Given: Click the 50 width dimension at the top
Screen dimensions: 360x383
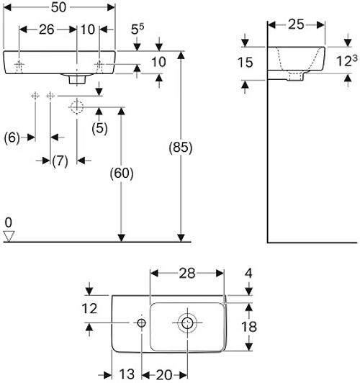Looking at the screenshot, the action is coord(58,7).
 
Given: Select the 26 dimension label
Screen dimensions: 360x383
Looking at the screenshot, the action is coord(46,30).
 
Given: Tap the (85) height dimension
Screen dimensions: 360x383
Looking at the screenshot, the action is coord(181,148).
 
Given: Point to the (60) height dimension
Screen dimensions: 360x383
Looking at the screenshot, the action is coord(122,174).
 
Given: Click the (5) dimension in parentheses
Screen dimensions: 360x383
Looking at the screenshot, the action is coord(99,128).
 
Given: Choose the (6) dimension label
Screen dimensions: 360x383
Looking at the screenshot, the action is coord(12,138).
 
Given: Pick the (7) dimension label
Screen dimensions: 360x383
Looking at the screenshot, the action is coord(60,161).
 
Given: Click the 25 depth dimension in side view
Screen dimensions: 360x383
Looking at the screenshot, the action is coord(296,24).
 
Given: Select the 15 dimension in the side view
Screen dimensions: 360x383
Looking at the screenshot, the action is coord(246,63).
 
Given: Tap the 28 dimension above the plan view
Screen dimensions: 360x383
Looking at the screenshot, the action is coord(187,274).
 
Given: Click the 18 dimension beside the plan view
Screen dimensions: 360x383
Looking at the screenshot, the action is coord(249,327).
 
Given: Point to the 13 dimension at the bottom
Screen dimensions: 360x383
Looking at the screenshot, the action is coord(127,374).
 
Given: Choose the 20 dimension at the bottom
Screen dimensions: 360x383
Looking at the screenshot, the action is coord(163,374).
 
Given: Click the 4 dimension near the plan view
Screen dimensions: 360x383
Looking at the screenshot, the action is coord(248,274).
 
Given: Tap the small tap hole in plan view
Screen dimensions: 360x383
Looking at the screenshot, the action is coord(141,323).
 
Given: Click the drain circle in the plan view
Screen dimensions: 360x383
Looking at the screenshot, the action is coord(187,323).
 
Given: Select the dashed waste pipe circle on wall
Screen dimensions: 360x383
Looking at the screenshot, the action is coord(77,107).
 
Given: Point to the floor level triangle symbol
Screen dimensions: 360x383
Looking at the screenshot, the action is coord(9,236).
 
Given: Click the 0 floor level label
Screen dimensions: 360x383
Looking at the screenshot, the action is coord(9,222).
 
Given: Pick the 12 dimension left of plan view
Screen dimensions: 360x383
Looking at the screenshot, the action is coord(89,309).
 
